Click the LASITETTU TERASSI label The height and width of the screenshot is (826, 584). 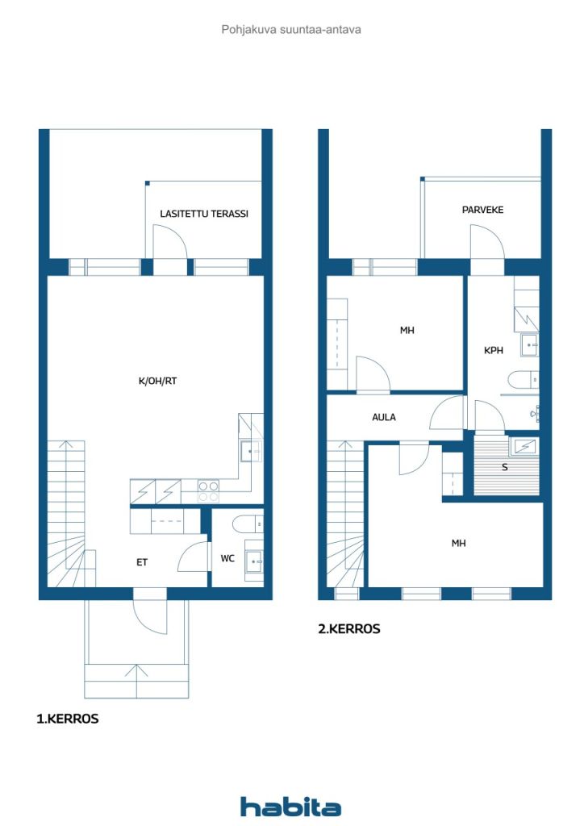(x=204, y=214)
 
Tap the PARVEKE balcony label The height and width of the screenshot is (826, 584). (x=482, y=210)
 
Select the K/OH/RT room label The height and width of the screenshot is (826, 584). (x=157, y=381)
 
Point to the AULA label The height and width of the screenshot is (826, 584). (x=384, y=417)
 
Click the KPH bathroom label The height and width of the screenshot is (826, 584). (x=494, y=350)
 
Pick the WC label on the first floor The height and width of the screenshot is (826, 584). (x=227, y=558)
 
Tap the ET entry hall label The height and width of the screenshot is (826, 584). (x=142, y=562)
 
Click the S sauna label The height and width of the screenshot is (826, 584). (x=504, y=467)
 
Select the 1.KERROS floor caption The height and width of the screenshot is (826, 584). (x=68, y=719)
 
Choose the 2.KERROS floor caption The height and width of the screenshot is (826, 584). (x=349, y=629)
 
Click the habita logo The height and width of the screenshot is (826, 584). (x=290, y=807)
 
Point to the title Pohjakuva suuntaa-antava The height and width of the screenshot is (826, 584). (x=291, y=30)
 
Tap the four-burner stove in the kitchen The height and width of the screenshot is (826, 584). (x=208, y=491)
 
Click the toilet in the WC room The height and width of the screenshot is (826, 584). (x=248, y=524)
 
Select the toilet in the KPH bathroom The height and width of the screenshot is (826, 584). (x=523, y=379)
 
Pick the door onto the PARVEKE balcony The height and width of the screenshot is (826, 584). (x=488, y=242)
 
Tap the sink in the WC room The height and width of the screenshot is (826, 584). (x=254, y=562)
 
